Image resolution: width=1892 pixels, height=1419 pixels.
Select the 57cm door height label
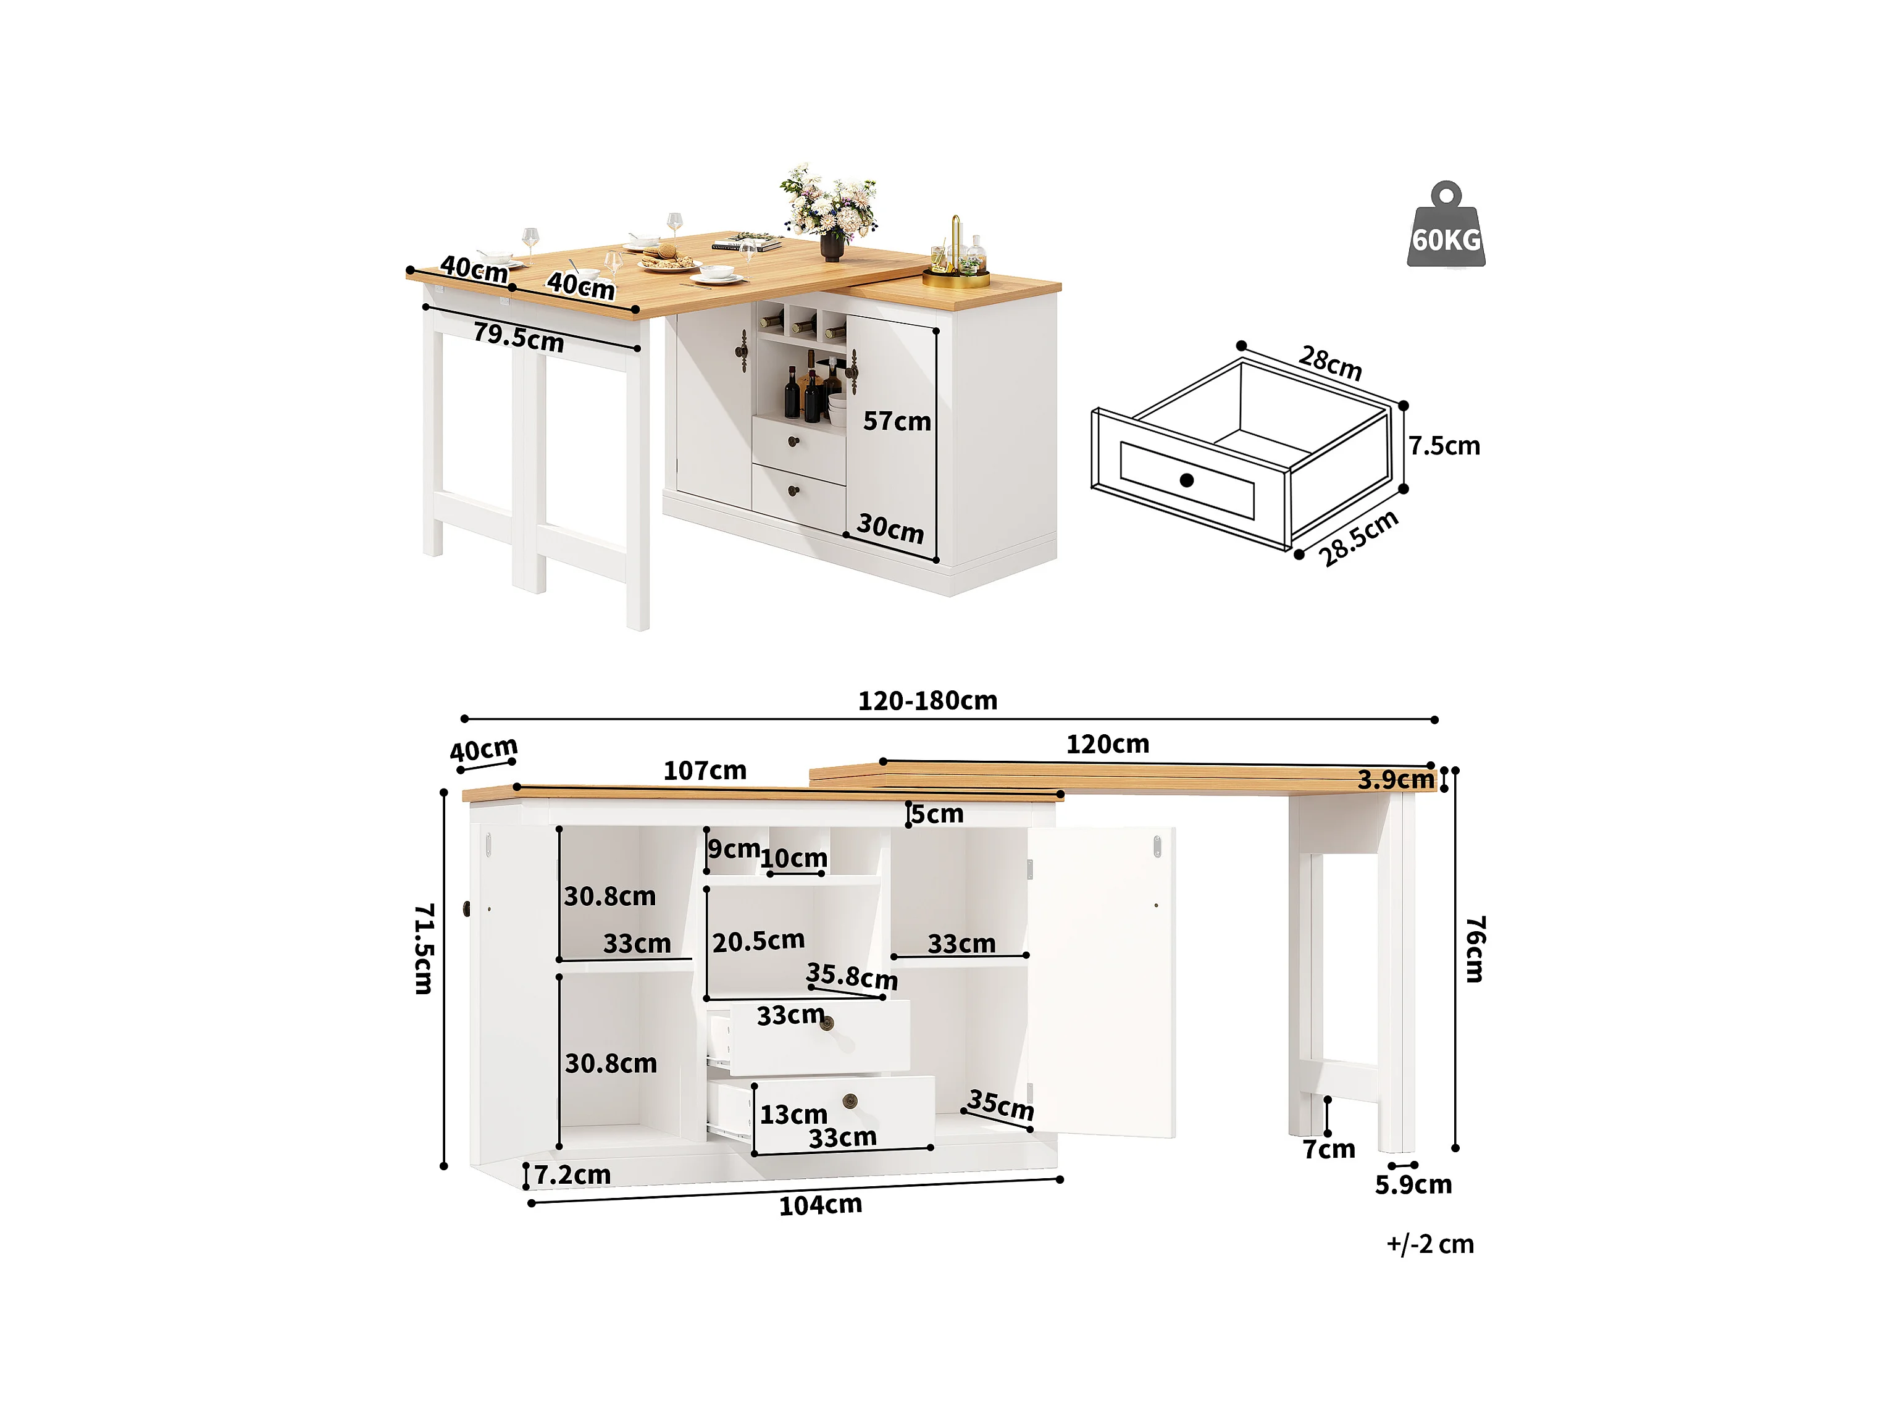[x=897, y=421]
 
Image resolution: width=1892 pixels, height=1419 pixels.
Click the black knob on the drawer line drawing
[x=1186, y=480]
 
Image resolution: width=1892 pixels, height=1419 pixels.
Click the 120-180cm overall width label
[x=927, y=700]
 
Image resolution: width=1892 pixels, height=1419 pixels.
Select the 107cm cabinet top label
[x=705, y=771]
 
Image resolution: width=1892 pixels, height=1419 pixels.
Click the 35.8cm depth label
[x=852, y=976]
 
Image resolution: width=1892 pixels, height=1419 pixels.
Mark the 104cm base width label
[x=820, y=1205]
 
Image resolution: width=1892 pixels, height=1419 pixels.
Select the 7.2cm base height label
[x=572, y=1174]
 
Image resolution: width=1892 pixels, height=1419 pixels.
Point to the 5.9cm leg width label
[x=1413, y=1184]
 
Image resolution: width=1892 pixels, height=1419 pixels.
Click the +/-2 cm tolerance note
[x=1430, y=1244]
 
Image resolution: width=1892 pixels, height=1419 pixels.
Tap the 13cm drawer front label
[x=793, y=1115]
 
